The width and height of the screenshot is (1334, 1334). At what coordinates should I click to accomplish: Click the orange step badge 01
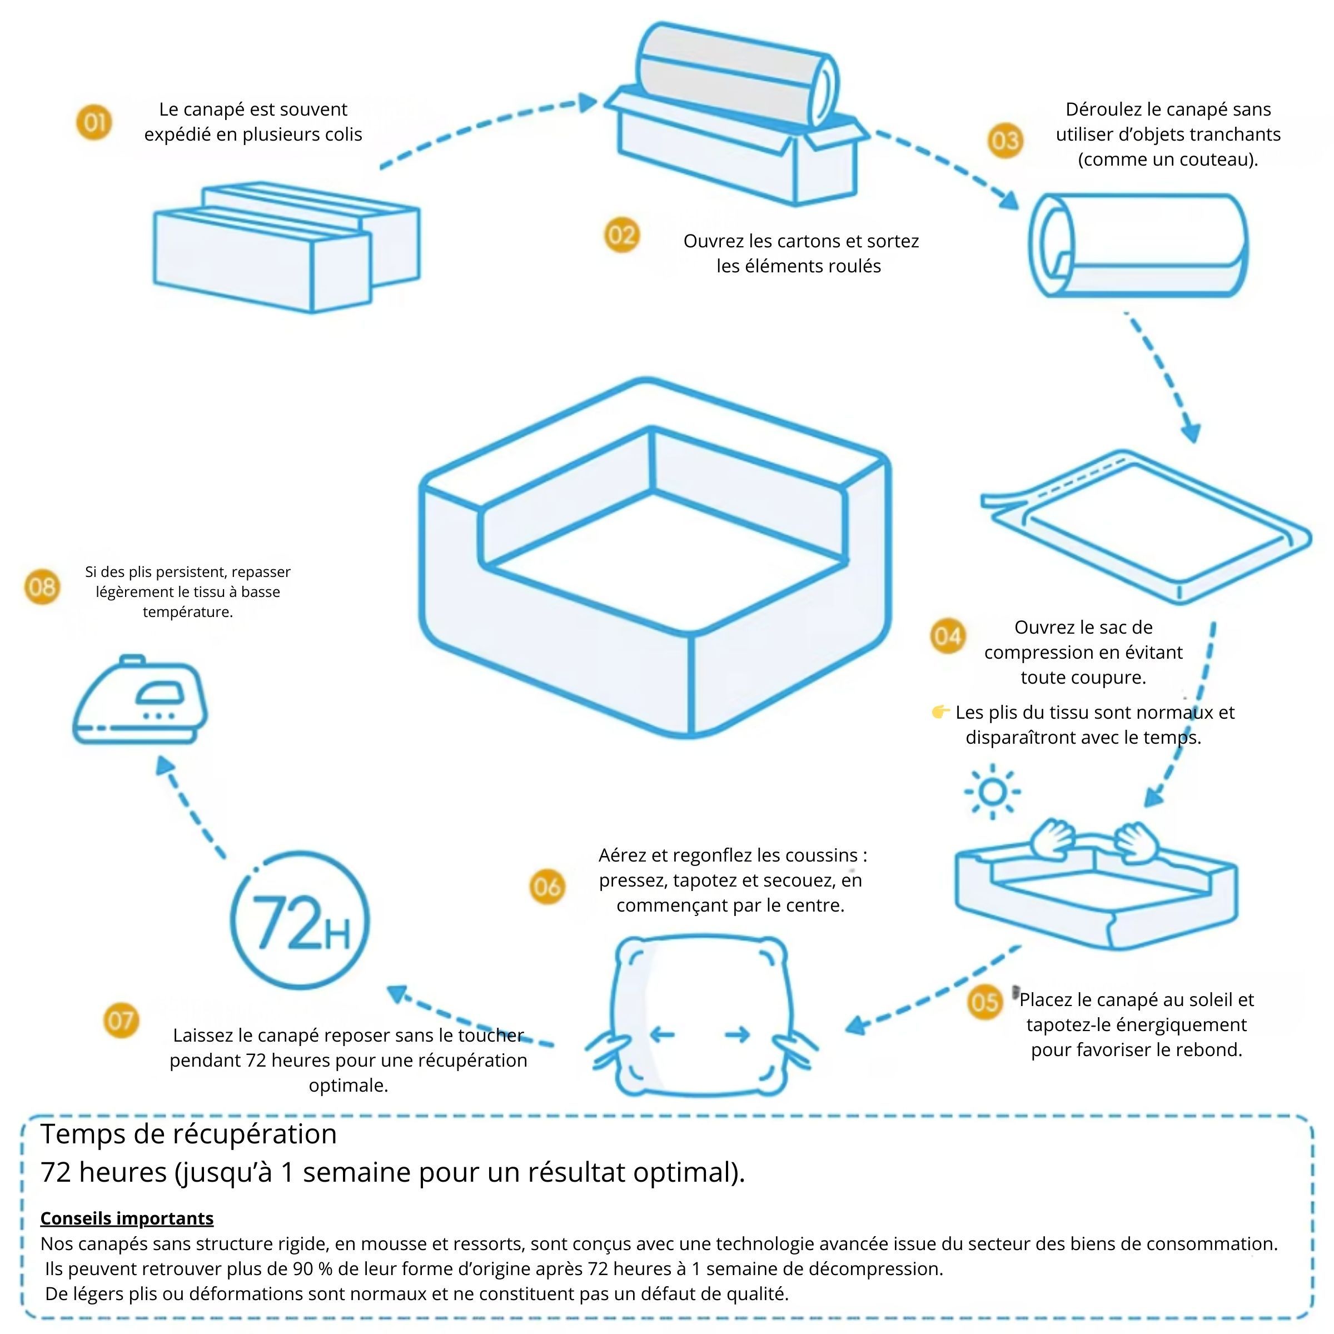(94, 122)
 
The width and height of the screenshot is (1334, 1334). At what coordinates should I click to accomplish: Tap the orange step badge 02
(621, 236)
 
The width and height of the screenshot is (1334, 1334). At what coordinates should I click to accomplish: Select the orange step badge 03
(1004, 141)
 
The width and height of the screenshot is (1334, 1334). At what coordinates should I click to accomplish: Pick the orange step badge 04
(947, 636)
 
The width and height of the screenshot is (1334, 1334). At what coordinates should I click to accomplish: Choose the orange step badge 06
(547, 887)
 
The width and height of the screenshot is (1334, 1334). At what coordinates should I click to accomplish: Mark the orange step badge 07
(121, 1021)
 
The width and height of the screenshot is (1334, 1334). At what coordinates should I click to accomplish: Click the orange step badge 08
(42, 587)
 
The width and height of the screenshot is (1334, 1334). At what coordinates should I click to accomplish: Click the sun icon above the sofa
(992, 792)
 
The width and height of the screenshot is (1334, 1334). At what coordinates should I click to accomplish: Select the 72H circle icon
(300, 920)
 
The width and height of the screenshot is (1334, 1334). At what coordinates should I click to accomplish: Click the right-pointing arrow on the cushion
(738, 1034)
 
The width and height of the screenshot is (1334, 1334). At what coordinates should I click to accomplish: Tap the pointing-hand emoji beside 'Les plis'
(940, 711)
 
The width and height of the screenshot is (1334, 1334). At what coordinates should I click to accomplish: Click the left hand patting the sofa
(1053, 838)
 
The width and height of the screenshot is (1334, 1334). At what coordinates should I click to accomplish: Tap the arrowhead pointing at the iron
(165, 765)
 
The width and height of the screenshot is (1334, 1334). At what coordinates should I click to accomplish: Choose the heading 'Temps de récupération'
(188, 1134)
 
